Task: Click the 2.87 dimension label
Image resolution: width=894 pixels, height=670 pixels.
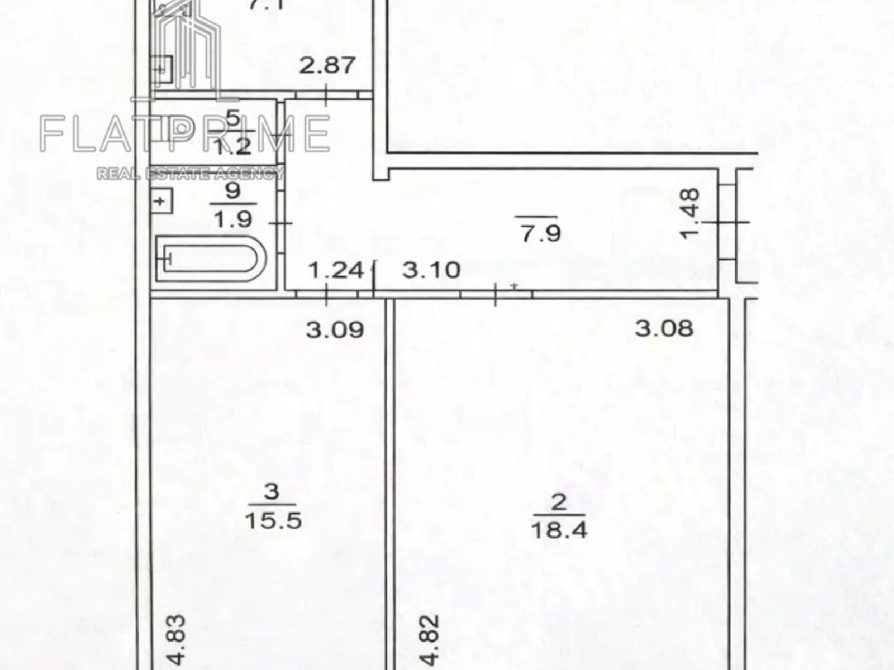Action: point(327,65)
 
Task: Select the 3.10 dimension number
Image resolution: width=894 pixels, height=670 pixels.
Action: point(431,271)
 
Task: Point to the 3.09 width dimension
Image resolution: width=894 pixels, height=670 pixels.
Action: point(335,329)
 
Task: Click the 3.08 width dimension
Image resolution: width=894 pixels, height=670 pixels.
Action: point(664,328)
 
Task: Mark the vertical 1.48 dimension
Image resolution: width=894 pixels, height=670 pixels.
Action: point(691,213)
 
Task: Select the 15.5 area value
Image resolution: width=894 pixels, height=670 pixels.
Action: point(274,521)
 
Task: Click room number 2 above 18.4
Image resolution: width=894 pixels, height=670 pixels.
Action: point(559,503)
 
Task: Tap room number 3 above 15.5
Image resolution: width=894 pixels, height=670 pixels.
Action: point(272,492)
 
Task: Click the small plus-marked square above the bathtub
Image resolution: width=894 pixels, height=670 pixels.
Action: point(161,200)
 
